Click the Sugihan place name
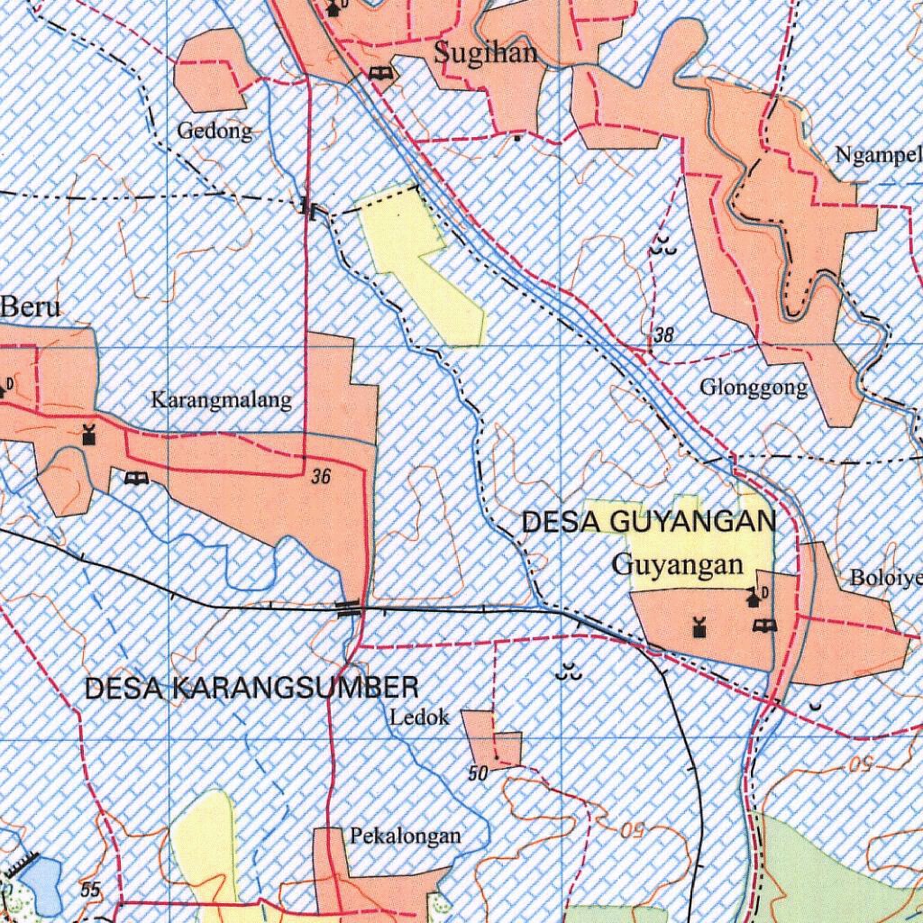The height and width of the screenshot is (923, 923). tap(486, 52)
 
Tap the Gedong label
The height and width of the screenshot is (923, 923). tap(215, 132)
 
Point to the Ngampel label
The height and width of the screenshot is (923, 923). tap(878, 155)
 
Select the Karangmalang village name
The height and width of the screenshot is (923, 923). tap(221, 399)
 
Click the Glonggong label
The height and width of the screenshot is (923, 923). tap(754, 388)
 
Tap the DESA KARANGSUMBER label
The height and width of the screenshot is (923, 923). tap(251, 689)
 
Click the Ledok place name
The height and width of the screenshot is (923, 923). tap(420, 718)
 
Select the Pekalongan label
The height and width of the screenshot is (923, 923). tap(406, 836)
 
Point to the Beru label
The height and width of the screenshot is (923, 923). tap(31, 306)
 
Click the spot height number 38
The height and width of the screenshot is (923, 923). tap(664, 335)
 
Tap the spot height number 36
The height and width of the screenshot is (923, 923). tap(321, 478)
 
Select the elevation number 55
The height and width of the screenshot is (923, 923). tap(90, 890)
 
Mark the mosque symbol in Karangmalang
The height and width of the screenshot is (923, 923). tap(88, 434)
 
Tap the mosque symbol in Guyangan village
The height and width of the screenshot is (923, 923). tap(698, 626)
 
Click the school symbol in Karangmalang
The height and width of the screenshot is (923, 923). tap(136, 479)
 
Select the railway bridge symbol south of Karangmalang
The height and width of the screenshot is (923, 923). tap(349, 608)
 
